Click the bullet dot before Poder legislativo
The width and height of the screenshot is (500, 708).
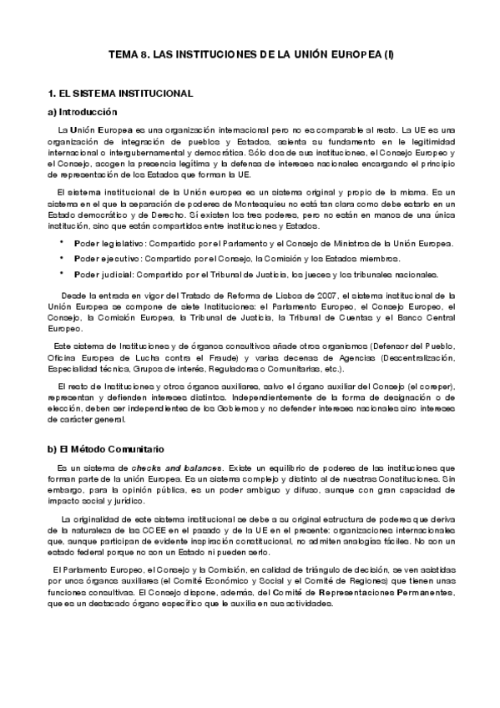[x=62, y=243]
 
